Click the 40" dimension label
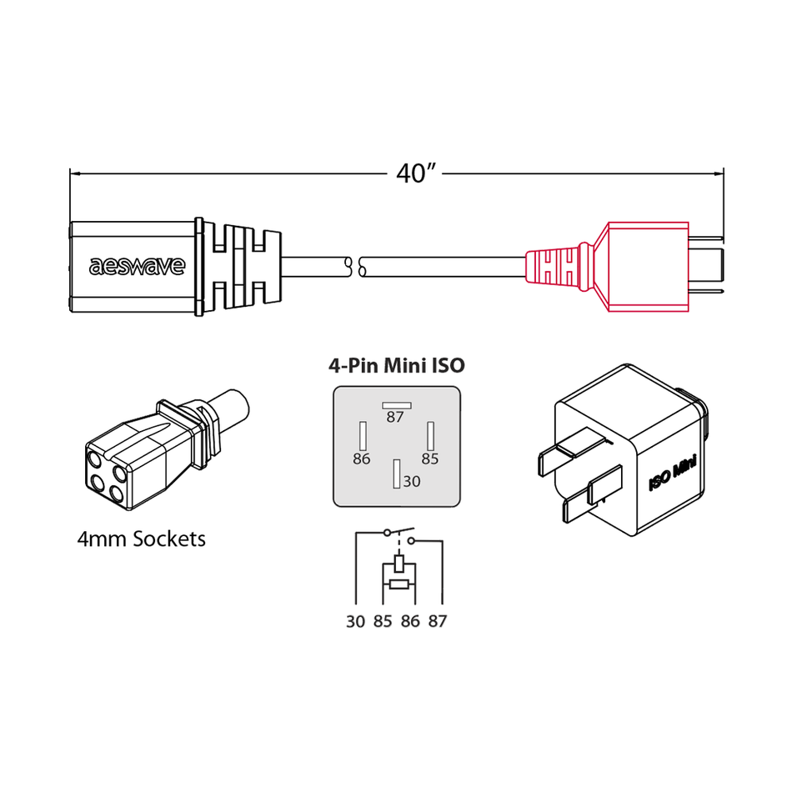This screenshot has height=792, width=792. [418, 174]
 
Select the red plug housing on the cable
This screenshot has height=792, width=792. [648, 267]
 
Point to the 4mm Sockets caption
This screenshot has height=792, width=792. [141, 539]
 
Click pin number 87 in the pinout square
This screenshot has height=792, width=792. [395, 418]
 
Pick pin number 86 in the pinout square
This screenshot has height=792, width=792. [362, 459]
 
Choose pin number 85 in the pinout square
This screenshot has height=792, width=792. [430, 459]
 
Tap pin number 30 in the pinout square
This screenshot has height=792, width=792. [412, 482]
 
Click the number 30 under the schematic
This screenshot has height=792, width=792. [356, 622]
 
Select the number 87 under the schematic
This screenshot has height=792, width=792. [438, 622]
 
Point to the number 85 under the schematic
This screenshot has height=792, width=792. [383, 622]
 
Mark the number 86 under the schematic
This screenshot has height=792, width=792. [410, 622]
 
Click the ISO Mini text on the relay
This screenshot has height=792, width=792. [673, 478]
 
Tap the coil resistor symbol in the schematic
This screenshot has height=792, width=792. [397, 584]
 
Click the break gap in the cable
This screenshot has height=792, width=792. [355, 267]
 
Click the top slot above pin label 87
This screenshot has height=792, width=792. [395, 405]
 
